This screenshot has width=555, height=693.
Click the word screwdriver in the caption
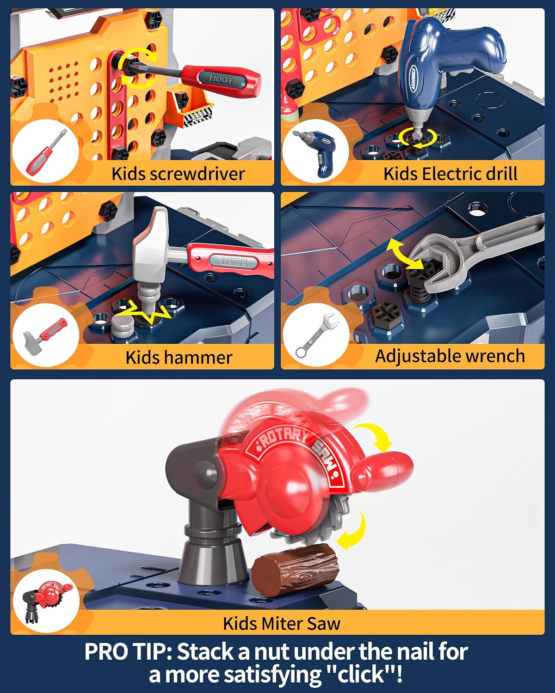pyautogui.click(x=197, y=174)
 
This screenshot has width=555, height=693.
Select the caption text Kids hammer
pyautogui.click(x=179, y=358)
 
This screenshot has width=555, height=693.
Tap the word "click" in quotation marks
pyautogui.click(x=361, y=675)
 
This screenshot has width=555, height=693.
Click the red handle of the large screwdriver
pyautogui.click(x=221, y=80)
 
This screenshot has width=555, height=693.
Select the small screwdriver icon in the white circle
pyautogui.click(x=46, y=151)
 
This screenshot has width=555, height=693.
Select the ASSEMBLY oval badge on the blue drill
pyautogui.click(x=413, y=78)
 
